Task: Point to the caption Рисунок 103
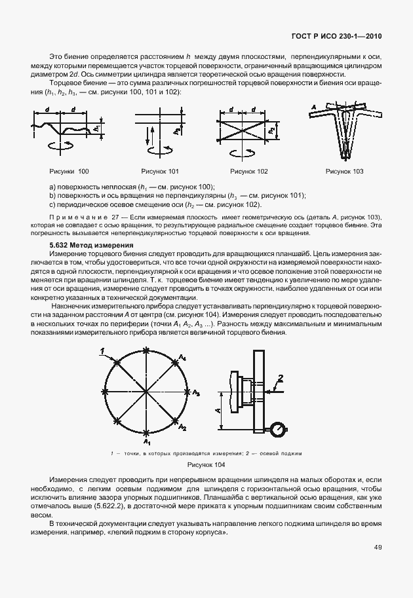pos(345,172)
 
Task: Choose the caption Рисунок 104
pos(206,465)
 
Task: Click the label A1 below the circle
pos(147,443)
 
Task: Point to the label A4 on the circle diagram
pos(184,357)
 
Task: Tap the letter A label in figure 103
pos(315,106)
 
